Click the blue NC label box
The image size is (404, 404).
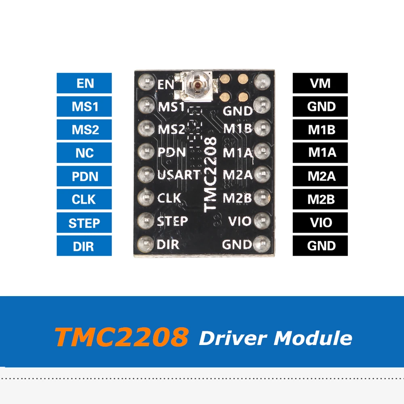84,153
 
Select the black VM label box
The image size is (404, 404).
320,83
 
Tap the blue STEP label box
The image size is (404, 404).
84,223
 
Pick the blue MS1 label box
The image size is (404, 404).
84,107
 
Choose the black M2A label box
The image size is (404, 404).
320,176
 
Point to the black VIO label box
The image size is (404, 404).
320,223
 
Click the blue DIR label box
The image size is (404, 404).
84,246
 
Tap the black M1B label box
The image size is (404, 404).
320,130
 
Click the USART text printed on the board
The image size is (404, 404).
179,175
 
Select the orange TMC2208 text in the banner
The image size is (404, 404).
122,337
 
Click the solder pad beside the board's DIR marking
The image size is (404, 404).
144,244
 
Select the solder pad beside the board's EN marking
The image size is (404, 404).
144,83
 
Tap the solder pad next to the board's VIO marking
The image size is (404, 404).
263,221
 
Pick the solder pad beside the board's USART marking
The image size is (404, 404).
144,175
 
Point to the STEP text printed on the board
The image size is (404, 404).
173,221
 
